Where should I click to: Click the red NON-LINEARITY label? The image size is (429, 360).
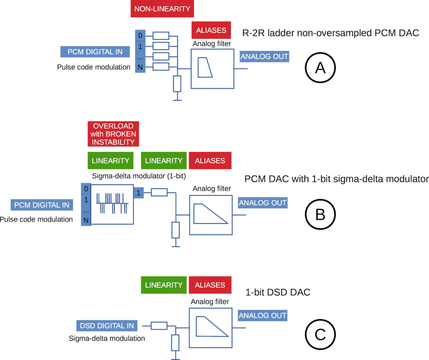pos(162,9)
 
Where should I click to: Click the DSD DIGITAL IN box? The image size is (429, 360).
pos(107,325)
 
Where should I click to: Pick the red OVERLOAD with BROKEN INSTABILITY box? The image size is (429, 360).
pos(113,134)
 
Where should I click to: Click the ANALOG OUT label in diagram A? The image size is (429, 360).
pos(264,56)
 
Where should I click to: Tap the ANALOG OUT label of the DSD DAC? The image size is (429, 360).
pos(262,315)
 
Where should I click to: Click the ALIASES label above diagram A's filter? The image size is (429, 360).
pos(211,30)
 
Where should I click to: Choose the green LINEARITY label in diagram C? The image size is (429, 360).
pos(164,285)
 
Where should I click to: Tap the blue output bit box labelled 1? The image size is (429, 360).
pos(139,193)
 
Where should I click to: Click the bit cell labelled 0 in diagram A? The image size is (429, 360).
pos(140,35)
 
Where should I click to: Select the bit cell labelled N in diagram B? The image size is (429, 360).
pos(86,221)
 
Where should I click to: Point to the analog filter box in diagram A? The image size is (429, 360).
pos(213,69)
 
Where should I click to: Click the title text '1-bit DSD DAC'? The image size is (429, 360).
pos(278,292)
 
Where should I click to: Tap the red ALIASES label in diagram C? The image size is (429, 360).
pos(210,285)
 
